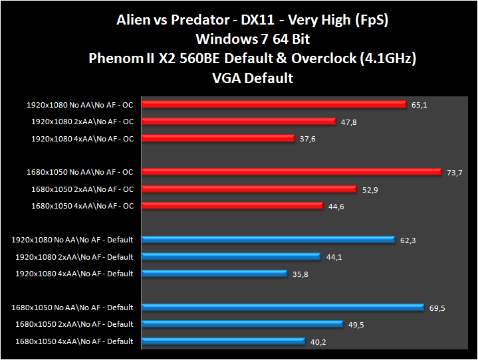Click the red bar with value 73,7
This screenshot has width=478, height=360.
point(291,172)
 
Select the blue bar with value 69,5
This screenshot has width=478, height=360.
point(283,308)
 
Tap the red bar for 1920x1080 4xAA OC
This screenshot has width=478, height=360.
point(217,138)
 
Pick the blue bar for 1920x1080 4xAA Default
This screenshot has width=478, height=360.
point(214,274)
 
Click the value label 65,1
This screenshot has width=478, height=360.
point(420,105)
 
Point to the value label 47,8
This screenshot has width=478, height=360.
point(350,122)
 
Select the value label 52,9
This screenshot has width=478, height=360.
point(370,190)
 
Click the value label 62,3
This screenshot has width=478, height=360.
point(406,240)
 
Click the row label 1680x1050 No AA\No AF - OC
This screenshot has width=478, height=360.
point(80,172)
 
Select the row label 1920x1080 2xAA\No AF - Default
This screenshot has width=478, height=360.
point(74,257)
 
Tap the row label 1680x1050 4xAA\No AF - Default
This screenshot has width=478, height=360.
point(72,341)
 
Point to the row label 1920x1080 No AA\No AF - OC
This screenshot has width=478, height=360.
point(80,104)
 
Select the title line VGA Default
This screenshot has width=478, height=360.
point(252,78)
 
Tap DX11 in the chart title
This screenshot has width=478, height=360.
point(274,21)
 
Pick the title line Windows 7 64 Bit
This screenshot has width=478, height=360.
point(252,40)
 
